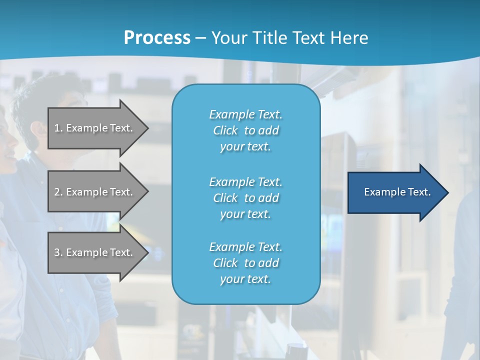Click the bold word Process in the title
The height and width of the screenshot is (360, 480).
pyautogui.click(x=157, y=38)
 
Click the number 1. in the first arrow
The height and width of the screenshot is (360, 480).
pyautogui.click(x=58, y=128)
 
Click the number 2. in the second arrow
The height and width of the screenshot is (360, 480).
pyautogui.click(x=58, y=192)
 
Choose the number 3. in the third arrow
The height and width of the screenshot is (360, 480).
pyautogui.click(x=58, y=252)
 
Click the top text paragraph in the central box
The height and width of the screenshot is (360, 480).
pyautogui.click(x=245, y=130)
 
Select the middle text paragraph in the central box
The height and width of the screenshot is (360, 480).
pyautogui.click(x=245, y=198)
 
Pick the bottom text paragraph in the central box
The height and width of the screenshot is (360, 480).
pyautogui.click(x=245, y=263)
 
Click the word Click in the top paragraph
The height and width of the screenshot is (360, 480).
pyautogui.click(x=225, y=130)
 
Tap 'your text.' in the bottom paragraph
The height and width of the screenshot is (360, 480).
pyautogui.click(x=245, y=279)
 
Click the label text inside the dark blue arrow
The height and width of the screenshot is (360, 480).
pyautogui.click(x=397, y=192)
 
